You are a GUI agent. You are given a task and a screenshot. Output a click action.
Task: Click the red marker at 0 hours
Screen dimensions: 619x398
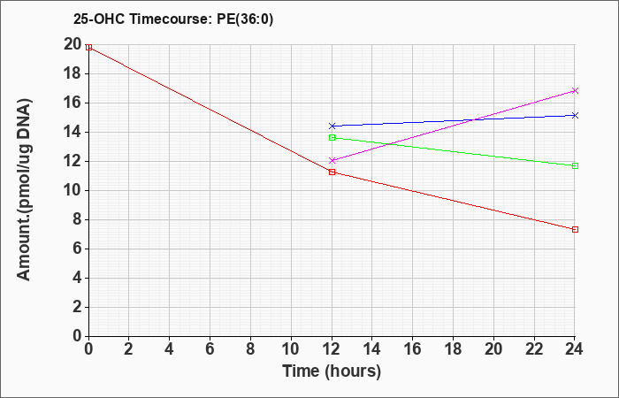click(x=88, y=48)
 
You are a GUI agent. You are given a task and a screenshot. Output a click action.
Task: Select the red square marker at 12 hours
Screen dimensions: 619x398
click(x=332, y=172)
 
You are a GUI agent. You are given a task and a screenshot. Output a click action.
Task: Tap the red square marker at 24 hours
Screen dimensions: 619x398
click(x=575, y=229)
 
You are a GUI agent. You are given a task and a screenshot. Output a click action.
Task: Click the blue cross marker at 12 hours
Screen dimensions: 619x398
click(x=332, y=126)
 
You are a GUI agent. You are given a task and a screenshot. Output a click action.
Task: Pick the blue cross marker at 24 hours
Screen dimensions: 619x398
click(x=575, y=115)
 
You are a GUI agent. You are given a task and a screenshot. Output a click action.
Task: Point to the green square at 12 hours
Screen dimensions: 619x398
click(x=332, y=137)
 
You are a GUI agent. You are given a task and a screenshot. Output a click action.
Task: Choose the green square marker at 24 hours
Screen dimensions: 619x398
click(x=575, y=166)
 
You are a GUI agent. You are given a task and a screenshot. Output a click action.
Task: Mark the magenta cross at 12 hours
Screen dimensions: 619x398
click(x=332, y=160)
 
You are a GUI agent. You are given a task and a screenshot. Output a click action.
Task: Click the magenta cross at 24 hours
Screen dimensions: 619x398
click(x=575, y=91)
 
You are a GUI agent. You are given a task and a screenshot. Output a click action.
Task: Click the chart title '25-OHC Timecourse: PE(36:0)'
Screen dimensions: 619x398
click(x=173, y=19)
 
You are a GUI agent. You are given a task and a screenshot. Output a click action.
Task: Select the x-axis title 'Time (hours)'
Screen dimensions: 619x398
click(x=332, y=371)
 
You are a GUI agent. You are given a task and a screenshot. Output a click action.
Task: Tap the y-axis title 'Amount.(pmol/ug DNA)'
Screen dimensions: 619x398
click(x=25, y=190)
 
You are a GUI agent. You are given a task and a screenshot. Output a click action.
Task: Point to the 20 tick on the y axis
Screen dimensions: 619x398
click(x=73, y=44)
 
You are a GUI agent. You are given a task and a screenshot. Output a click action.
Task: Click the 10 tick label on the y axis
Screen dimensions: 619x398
click(x=73, y=191)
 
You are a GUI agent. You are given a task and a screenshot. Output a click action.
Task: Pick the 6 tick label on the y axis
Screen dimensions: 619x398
click(x=77, y=249)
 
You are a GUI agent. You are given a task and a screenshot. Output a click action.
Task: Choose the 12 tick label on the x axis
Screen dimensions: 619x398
click(x=332, y=349)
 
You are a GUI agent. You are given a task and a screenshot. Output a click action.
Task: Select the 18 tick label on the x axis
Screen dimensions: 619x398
click(x=454, y=349)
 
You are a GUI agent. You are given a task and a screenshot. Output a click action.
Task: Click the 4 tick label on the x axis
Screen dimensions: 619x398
click(x=170, y=349)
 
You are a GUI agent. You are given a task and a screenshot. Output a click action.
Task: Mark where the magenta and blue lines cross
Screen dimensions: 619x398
click(x=474, y=119)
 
